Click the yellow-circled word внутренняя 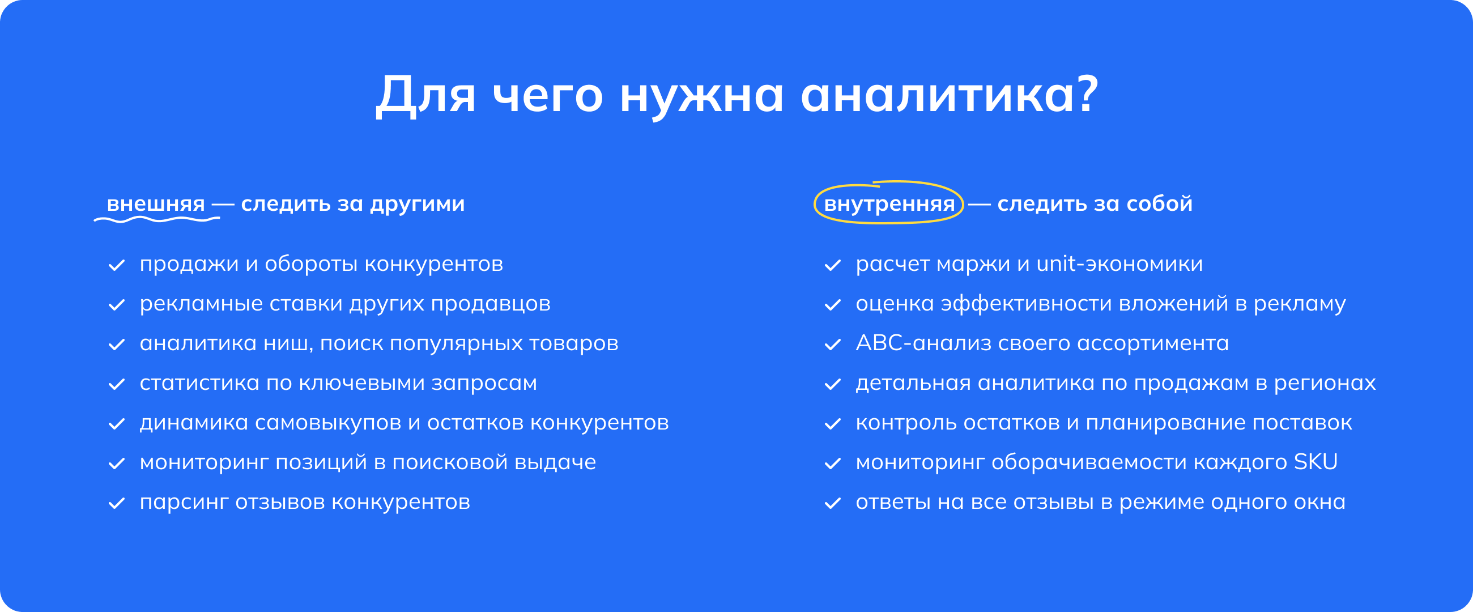(889, 203)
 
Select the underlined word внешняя (156, 203)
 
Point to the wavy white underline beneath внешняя (157, 219)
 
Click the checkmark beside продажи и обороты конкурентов (117, 265)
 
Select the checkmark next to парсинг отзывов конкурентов (117, 503)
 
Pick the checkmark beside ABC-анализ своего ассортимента (833, 345)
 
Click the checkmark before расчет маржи (833, 265)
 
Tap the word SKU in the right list (1316, 462)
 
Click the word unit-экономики (1119, 263)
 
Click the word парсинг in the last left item (184, 503)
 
